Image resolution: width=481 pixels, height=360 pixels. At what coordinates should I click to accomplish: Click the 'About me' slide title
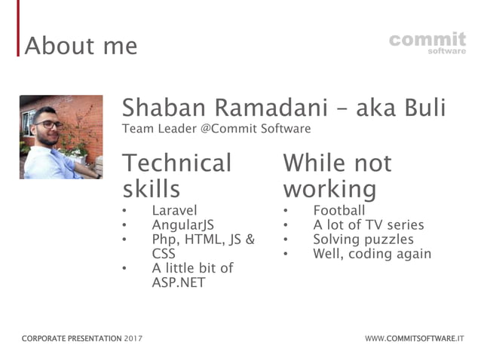(x=81, y=46)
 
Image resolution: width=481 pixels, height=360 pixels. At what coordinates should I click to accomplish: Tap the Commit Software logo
(x=427, y=42)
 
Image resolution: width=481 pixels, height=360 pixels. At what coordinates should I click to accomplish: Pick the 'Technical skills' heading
(x=177, y=175)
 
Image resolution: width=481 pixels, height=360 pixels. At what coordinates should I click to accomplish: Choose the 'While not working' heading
(x=337, y=175)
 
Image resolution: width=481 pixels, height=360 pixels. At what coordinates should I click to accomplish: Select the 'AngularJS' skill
(x=183, y=225)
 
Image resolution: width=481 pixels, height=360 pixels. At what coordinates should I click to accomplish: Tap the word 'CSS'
(x=164, y=254)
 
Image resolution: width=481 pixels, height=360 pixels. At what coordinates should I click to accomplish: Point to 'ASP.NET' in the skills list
(x=178, y=282)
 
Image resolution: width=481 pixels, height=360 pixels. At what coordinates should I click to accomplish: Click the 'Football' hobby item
(x=339, y=211)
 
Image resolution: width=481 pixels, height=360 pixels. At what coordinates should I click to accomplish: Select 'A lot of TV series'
(x=368, y=225)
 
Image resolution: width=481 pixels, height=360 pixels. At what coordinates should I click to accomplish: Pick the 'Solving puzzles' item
(x=363, y=239)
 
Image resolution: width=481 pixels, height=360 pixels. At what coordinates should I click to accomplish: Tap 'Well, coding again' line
(x=372, y=254)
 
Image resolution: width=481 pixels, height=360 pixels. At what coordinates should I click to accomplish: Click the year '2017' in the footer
(x=133, y=338)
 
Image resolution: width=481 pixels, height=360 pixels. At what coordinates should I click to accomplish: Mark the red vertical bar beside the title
(x=18, y=30)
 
